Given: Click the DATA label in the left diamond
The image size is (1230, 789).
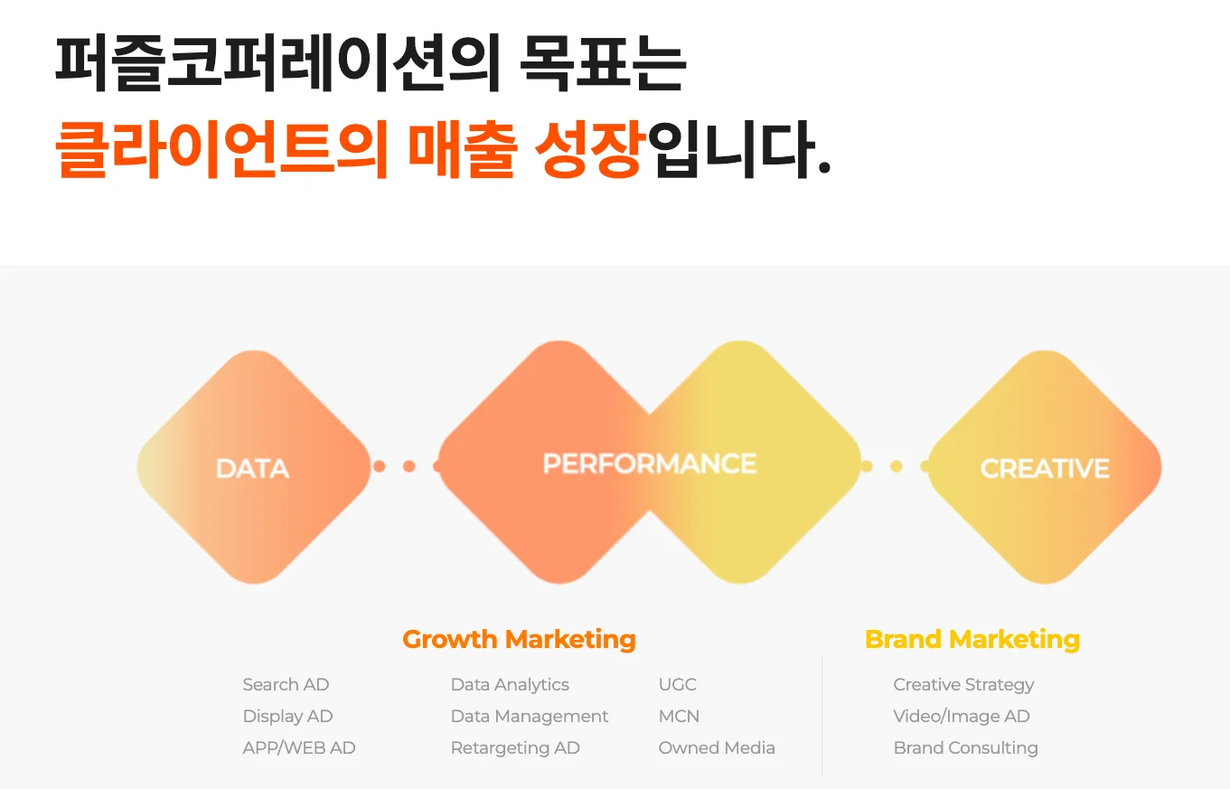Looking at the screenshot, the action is coord(252,468).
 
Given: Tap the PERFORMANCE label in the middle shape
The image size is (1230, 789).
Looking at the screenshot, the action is coord(650,464).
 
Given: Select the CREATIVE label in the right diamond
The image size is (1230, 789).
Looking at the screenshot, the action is coord(1045,468).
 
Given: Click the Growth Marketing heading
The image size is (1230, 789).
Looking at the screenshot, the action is coord(519,640).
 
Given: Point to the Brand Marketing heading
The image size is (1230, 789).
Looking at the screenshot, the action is coord(972,640).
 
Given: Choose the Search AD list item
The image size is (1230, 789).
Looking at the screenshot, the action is coord(286,685).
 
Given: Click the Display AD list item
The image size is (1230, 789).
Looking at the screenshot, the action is coord(287,717).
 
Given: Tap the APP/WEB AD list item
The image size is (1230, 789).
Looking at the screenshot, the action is coord(299,747).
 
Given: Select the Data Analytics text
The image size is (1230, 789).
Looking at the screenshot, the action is coord(510,685).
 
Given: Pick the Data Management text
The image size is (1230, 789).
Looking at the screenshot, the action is coord(530,717).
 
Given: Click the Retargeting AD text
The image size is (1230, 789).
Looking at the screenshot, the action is coord(515,748).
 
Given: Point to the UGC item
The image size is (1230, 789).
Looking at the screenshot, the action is coord(678,685).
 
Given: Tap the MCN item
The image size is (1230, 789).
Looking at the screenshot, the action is coord(679,716).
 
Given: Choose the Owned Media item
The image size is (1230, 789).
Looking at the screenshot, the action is coord(717,747).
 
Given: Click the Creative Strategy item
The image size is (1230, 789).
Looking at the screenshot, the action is coord(963,685).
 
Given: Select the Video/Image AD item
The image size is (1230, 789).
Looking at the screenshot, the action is coord(962,717).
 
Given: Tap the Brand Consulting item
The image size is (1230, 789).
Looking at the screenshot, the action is coord(966,748).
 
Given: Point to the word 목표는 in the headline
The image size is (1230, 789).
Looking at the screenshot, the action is coord(603,63).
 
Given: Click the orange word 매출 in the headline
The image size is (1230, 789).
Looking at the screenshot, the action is coord(463,149).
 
